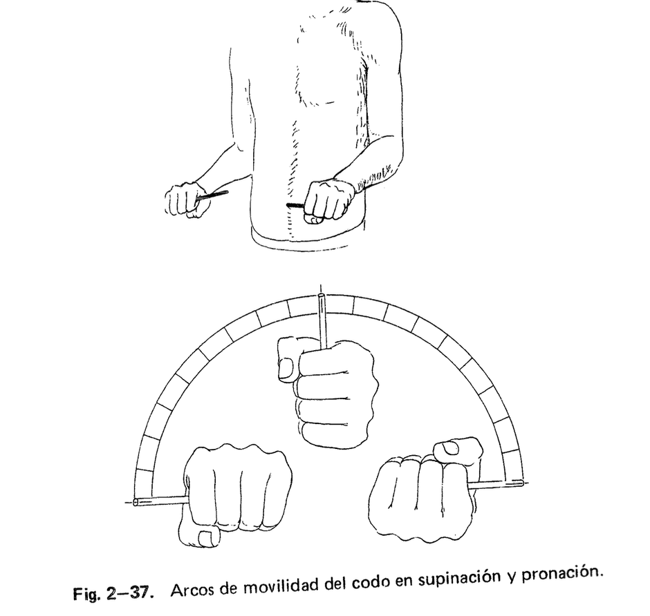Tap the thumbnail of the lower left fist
point(205,537)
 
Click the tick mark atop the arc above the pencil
point(320,289)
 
